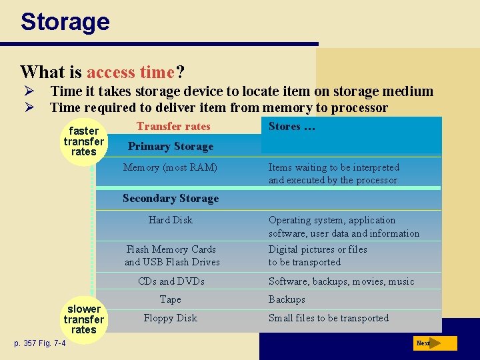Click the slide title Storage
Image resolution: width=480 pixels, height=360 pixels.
tap(65, 21)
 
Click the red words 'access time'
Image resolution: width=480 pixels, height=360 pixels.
tap(131, 72)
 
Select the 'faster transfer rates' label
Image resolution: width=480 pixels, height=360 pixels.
tap(84, 141)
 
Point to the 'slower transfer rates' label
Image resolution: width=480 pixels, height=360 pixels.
tap(84, 319)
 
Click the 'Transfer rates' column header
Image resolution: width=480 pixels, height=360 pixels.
tap(173, 127)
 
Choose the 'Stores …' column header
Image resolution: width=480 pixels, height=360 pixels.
tap(291, 127)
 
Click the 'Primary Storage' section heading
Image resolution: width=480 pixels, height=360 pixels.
tap(171, 147)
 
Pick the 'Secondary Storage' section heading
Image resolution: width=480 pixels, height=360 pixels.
tap(171, 199)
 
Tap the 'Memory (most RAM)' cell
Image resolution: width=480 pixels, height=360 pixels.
tap(170, 167)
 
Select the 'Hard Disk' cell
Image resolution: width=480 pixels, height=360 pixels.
tap(170, 220)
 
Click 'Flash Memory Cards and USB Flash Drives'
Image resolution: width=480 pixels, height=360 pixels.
tap(172, 255)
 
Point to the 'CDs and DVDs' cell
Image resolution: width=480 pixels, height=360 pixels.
tap(171, 281)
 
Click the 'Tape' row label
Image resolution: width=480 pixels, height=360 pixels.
tap(171, 300)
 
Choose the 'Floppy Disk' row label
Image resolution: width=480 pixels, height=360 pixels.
tap(170, 318)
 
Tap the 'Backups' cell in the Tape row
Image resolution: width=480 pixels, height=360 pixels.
tap(287, 300)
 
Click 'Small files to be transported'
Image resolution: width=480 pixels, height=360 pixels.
tap(328, 318)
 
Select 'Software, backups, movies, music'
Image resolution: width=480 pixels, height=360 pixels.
tap(341, 281)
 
